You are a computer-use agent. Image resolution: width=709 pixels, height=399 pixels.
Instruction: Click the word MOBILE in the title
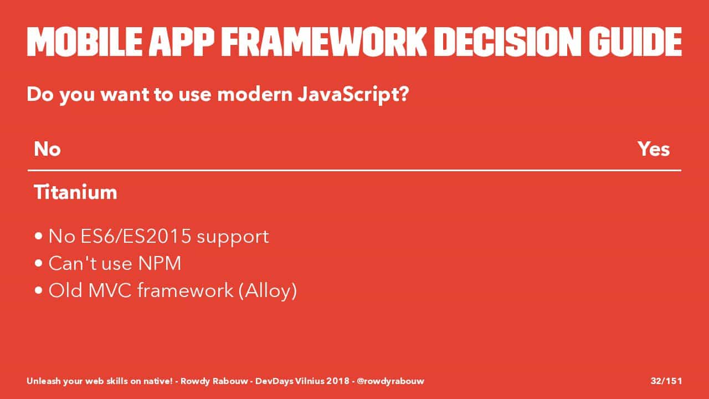[x=85, y=42]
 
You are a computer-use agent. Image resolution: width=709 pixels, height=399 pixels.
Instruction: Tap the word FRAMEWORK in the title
[x=324, y=42]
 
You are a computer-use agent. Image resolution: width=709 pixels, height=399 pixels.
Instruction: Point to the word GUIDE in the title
[x=635, y=42]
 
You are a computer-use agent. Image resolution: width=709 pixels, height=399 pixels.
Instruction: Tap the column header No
[x=47, y=149]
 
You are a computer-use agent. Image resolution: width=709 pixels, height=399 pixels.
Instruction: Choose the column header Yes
[x=654, y=149]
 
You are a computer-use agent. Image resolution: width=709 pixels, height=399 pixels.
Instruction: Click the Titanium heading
[x=75, y=192]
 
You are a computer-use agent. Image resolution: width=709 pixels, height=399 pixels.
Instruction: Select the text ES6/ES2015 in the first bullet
[x=136, y=236]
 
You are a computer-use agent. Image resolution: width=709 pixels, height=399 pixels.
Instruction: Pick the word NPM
[x=160, y=263]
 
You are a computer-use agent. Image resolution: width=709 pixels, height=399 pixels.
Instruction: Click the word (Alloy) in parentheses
[x=268, y=290]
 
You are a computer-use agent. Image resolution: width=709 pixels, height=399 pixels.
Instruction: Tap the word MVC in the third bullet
[x=110, y=290]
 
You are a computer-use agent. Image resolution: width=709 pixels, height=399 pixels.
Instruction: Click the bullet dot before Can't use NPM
[x=39, y=263]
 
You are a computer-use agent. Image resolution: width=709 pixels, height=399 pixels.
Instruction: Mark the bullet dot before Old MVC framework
[x=39, y=290]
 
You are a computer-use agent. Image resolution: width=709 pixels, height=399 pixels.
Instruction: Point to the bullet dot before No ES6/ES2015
[x=39, y=236]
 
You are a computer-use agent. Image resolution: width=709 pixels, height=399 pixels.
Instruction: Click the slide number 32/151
[x=666, y=381]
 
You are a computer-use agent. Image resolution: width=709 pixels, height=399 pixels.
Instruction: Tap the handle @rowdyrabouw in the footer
[x=391, y=381]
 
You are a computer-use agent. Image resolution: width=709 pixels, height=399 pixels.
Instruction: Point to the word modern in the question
[x=255, y=94]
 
